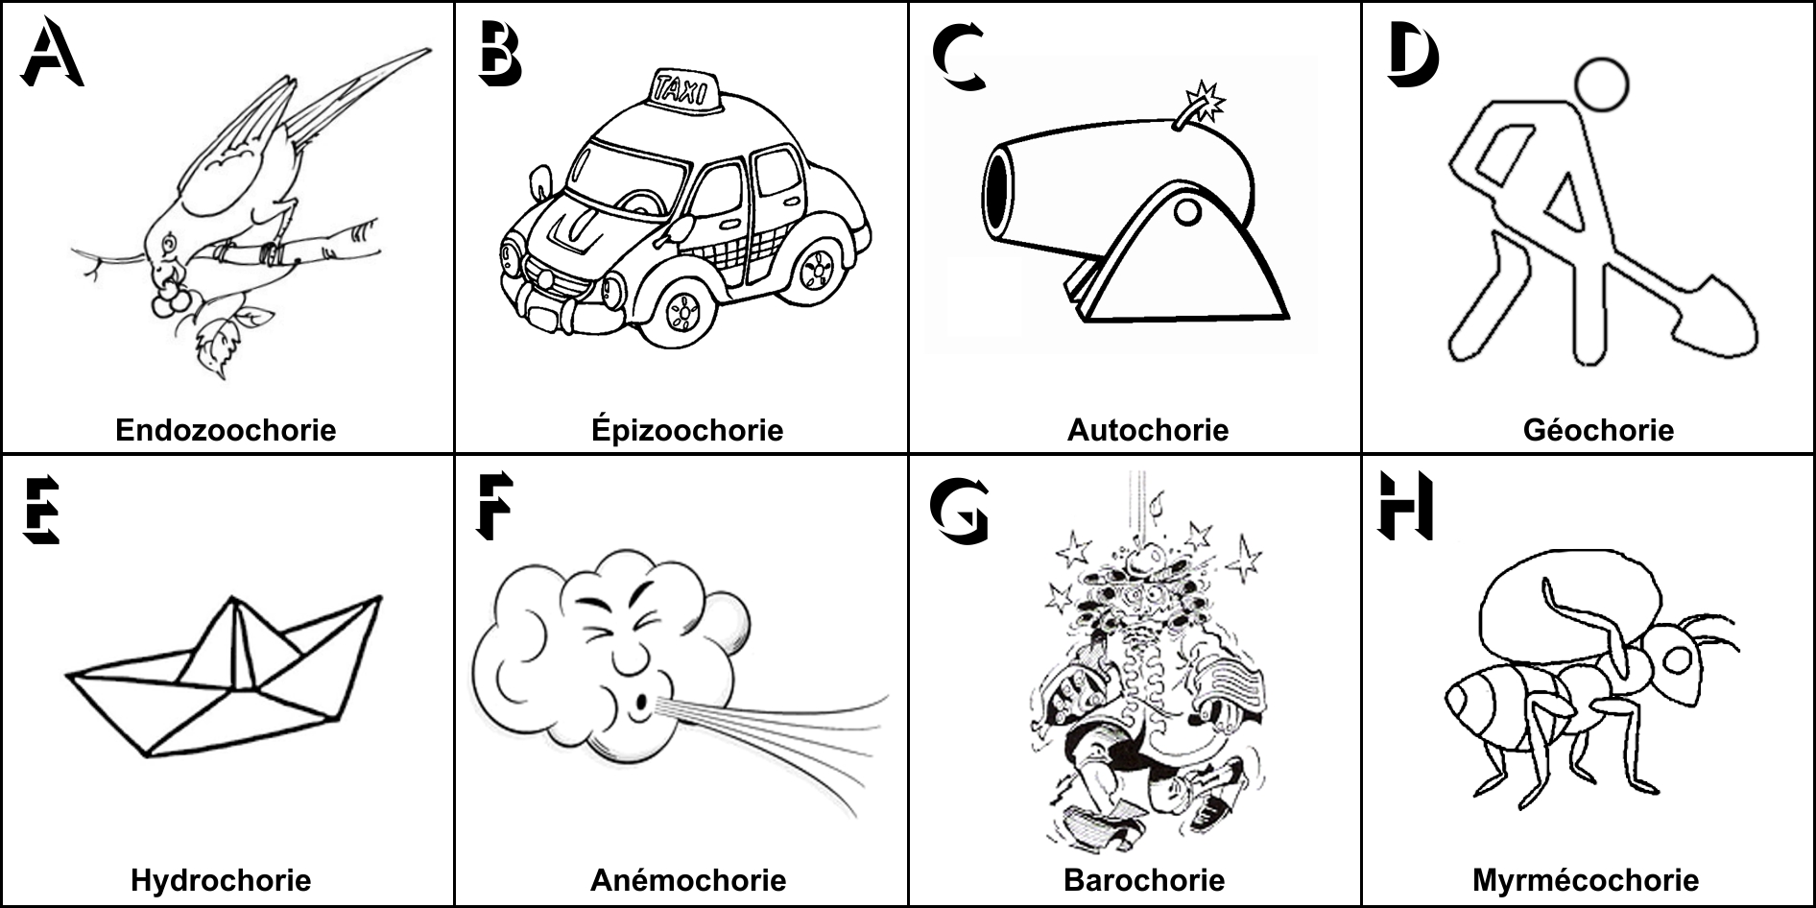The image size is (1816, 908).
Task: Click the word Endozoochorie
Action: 226,429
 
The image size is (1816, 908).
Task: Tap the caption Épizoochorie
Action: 687,429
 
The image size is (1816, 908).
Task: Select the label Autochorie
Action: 1147,429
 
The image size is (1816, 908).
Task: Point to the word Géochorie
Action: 1598,429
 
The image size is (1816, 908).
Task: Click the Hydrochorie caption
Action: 221,880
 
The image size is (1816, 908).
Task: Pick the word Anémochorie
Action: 688,880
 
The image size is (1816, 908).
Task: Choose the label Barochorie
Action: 1144,880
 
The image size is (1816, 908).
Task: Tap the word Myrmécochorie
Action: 1586,880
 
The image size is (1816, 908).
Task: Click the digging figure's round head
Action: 1601,87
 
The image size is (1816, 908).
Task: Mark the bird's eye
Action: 170,244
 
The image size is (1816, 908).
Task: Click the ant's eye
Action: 1679,659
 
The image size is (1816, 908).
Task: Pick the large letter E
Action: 41,510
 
